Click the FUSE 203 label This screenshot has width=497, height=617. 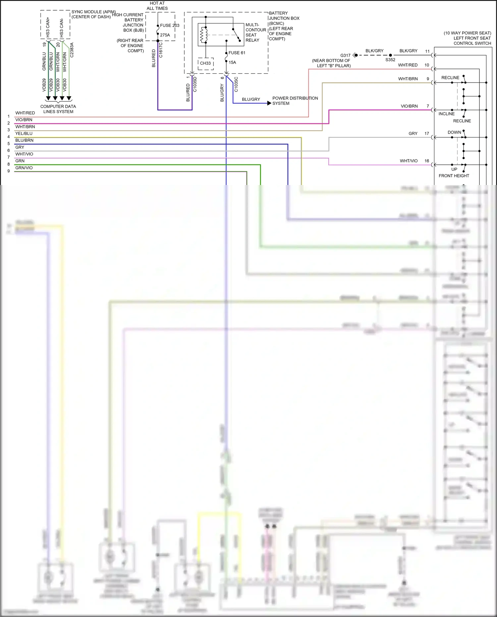[170, 26]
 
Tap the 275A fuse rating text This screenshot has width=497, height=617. [165, 35]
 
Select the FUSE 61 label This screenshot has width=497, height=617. [237, 53]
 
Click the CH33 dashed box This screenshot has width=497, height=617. [205, 63]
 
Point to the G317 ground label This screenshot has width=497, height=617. [345, 55]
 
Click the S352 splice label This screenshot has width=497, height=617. [390, 60]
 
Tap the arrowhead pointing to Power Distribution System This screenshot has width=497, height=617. [269, 103]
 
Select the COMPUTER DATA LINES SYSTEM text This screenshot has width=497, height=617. [58, 109]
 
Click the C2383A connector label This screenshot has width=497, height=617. [72, 50]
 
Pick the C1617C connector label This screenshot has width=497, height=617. [161, 50]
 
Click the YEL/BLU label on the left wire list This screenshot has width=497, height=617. [24, 134]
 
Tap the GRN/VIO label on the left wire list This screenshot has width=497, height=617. [24, 168]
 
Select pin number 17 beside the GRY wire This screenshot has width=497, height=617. [427, 134]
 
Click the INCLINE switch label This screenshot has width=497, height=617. [447, 114]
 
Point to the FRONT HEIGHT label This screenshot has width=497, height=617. [454, 176]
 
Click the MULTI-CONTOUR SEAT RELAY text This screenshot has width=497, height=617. [255, 32]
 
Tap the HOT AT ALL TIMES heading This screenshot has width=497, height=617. [157, 6]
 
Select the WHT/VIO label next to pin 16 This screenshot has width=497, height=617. [409, 161]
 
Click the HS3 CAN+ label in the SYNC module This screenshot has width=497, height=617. [48, 27]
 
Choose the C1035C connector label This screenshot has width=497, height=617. [236, 85]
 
